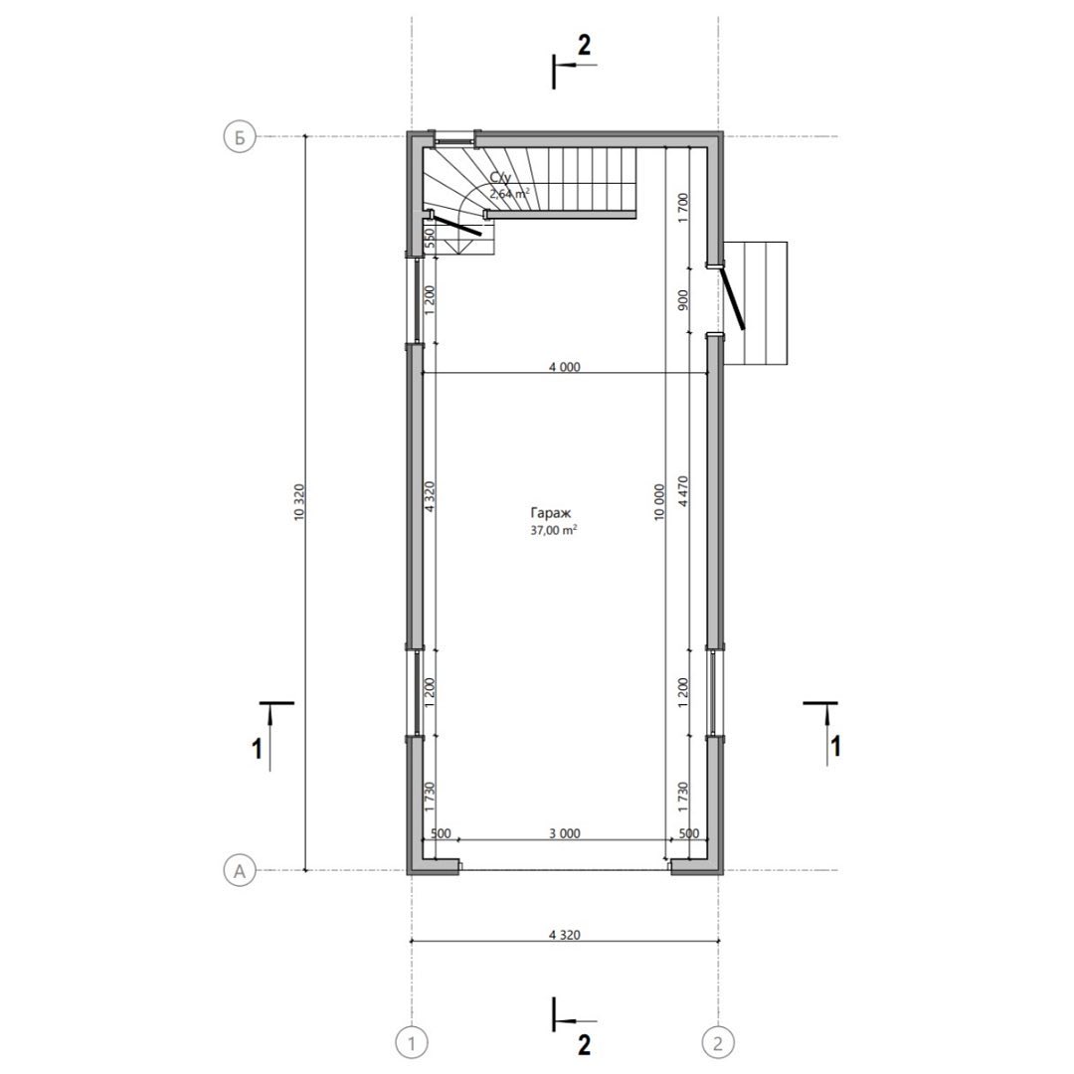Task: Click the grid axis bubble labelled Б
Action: pyautogui.click(x=240, y=137)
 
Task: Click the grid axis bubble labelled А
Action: pyautogui.click(x=240, y=871)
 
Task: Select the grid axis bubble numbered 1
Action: pyautogui.click(x=412, y=1043)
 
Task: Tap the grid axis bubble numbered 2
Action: pyautogui.click(x=718, y=1043)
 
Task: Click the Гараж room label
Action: pyautogui.click(x=550, y=512)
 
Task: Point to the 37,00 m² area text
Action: pyautogui.click(x=554, y=529)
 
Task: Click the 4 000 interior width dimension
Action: pyautogui.click(x=565, y=367)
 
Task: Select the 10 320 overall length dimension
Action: pyautogui.click(x=298, y=503)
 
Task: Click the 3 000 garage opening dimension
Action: pyautogui.click(x=565, y=833)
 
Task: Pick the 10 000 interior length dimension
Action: pyautogui.click(x=659, y=502)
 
